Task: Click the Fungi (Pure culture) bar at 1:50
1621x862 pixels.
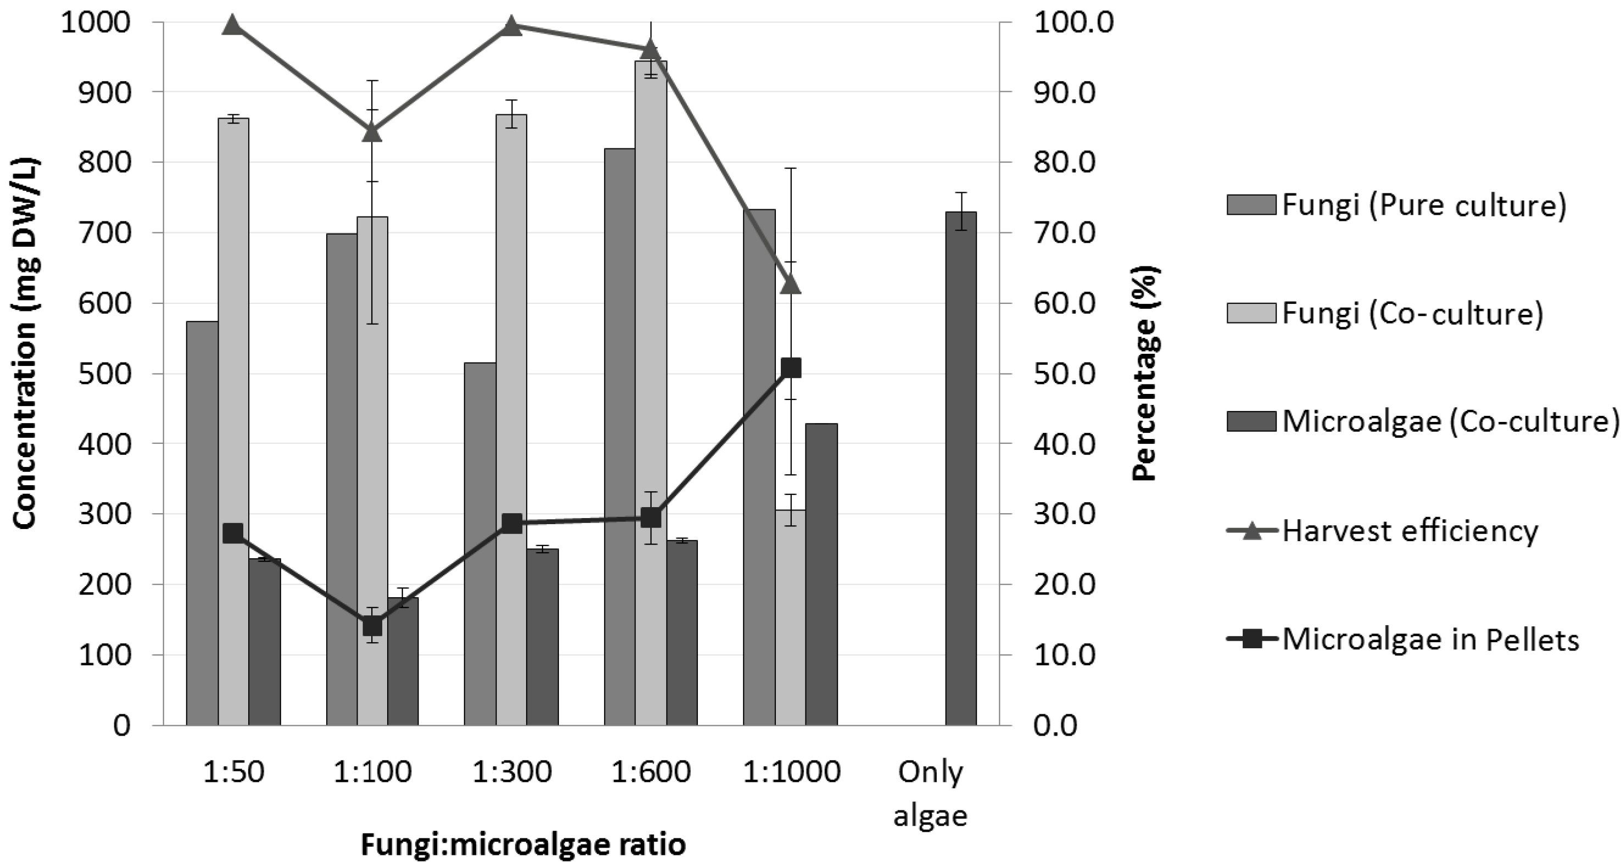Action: (x=202, y=522)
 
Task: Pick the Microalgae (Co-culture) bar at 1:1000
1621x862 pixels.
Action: (x=821, y=574)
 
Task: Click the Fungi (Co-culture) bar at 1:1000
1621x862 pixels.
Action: (x=790, y=617)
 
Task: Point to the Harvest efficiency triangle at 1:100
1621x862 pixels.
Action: (x=372, y=133)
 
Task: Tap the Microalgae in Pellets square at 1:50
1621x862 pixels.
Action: (x=233, y=533)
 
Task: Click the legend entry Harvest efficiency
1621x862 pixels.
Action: (x=1410, y=531)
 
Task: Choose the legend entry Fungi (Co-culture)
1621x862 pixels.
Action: (x=1413, y=313)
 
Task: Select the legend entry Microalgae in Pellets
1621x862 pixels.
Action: (x=1430, y=639)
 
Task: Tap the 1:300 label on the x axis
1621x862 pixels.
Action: (x=512, y=772)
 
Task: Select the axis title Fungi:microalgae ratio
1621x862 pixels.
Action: (x=523, y=844)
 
